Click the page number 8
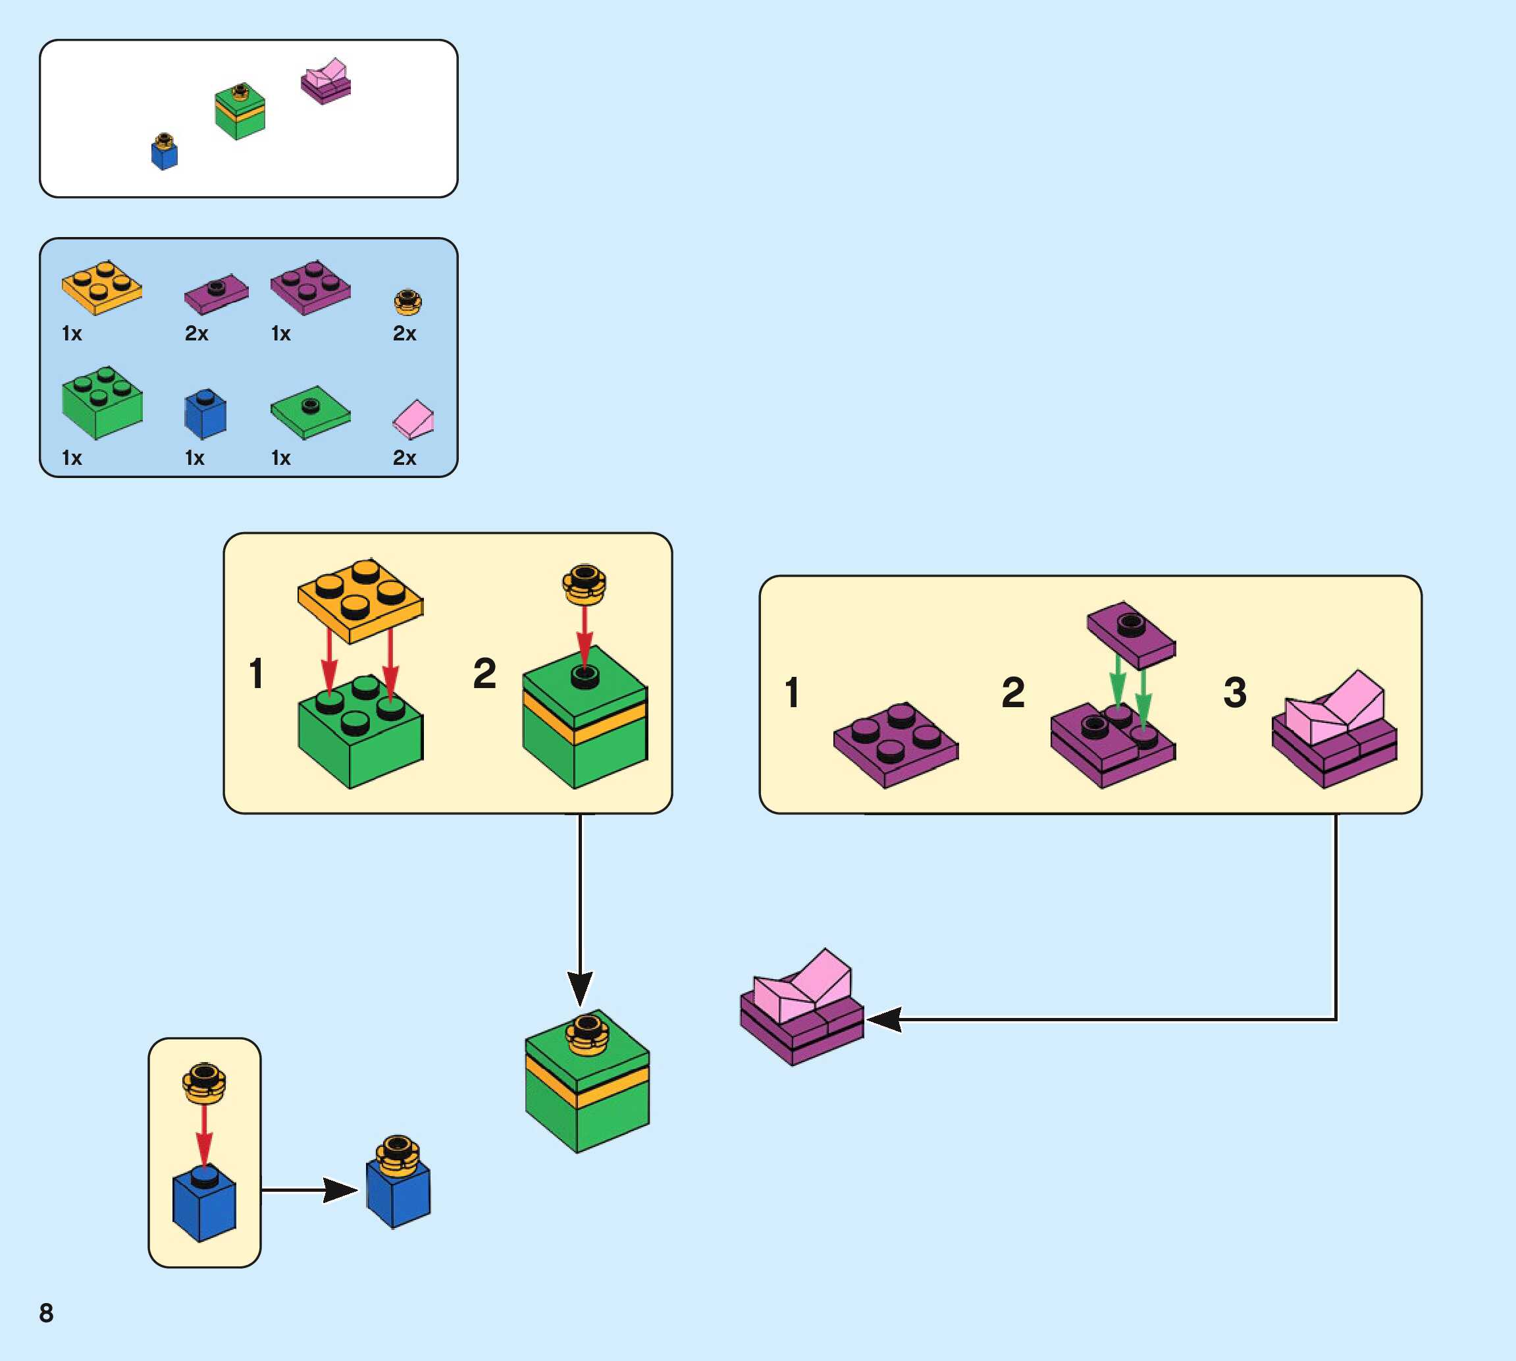pos(46,1312)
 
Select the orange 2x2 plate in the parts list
pos(101,287)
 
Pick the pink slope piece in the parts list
pos(413,419)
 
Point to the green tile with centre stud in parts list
pos(310,412)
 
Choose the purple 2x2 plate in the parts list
pos(310,287)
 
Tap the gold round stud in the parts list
pos(407,302)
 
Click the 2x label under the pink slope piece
pos(404,458)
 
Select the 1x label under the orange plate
pos(72,334)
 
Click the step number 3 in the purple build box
pos(1234,692)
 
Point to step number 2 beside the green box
pos(484,673)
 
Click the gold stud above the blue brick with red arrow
pos(204,1084)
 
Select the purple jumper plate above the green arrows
pos(1131,634)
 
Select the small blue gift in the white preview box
pos(165,152)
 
